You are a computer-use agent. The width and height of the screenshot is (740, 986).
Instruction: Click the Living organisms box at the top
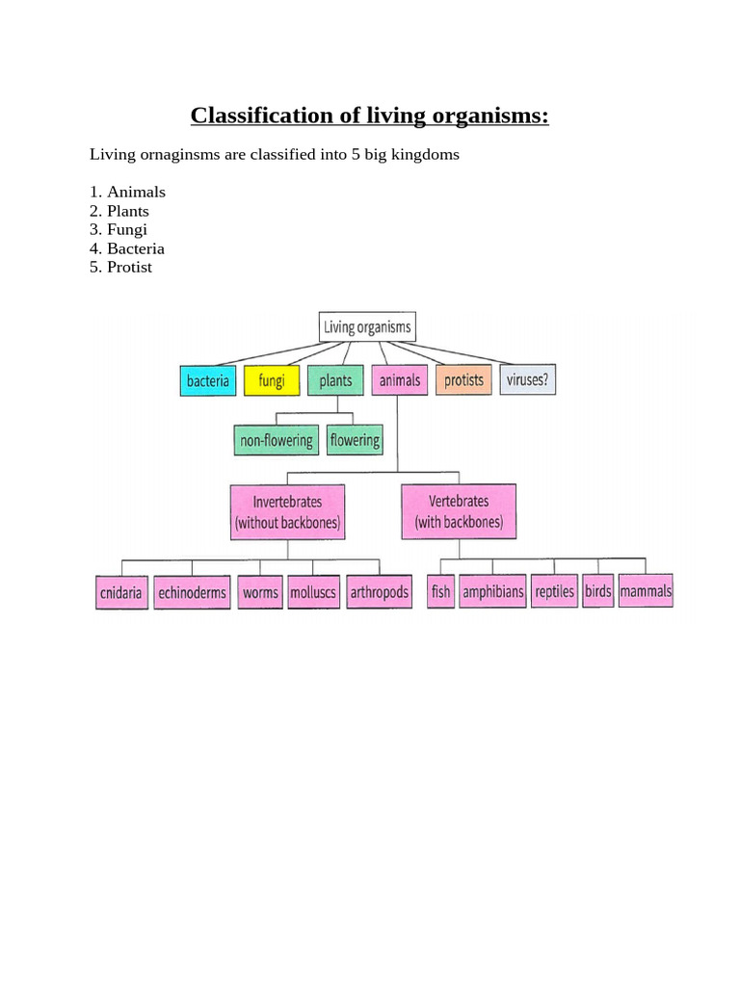[367, 327]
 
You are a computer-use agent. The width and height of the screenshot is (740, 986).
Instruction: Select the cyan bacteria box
[208, 381]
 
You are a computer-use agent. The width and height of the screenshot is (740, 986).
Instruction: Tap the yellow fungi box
[272, 381]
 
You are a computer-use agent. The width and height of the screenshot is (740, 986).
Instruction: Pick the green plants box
[335, 381]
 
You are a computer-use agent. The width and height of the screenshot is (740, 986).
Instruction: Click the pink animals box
[399, 381]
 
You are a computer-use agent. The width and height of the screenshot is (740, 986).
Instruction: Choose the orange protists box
[463, 380]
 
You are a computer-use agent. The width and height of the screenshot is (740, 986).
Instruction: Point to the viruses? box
[527, 380]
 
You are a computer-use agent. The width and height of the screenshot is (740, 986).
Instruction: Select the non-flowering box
[277, 441]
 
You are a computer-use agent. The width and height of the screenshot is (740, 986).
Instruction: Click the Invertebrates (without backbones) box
[287, 512]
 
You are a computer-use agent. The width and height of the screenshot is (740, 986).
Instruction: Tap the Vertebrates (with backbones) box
[459, 511]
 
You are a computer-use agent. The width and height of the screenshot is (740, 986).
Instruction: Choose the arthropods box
[379, 592]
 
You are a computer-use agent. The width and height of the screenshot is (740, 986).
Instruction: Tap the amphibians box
[492, 591]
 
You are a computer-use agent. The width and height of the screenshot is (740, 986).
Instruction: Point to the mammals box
[646, 590]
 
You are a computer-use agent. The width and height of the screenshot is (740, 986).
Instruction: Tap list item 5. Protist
[120, 267]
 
